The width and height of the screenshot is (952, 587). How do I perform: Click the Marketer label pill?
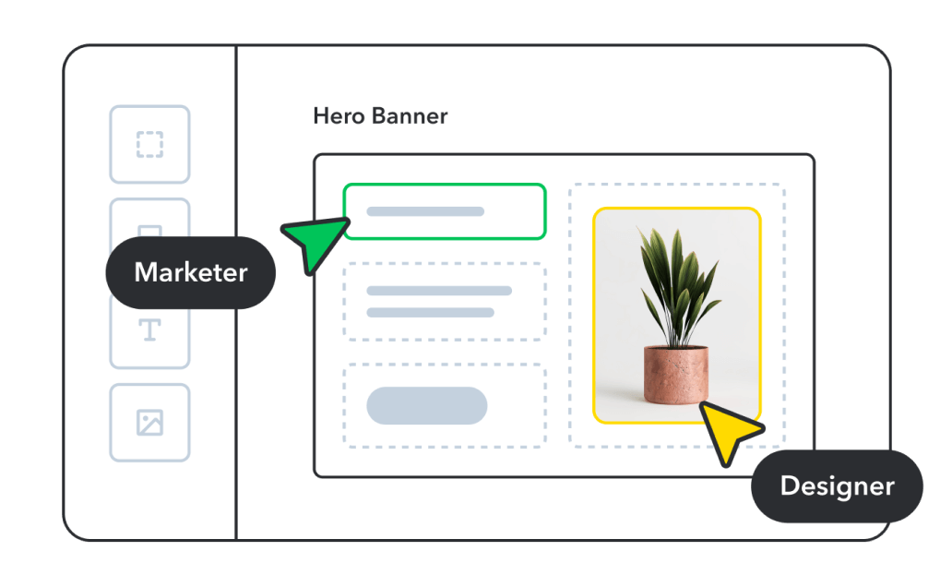click(190, 272)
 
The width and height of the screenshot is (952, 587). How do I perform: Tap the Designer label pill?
click(837, 485)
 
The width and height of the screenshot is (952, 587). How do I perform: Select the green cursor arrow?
click(311, 241)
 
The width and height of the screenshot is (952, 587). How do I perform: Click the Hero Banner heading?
click(380, 116)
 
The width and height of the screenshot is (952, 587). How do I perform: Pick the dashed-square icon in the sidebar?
click(149, 144)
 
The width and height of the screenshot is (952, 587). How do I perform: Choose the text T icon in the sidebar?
click(149, 329)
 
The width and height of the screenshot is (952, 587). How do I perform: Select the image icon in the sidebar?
click(149, 423)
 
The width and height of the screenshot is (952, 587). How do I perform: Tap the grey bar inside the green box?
click(425, 211)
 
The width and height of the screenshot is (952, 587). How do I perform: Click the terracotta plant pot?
click(676, 374)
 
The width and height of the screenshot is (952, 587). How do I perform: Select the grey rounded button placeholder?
click(426, 406)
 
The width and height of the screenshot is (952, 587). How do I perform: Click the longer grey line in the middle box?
click(439, 291)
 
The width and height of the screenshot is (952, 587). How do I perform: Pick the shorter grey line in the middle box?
click(430, 313)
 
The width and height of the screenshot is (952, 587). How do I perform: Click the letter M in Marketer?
click(146, 272)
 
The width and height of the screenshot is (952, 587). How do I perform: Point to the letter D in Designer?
click(790, 485)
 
